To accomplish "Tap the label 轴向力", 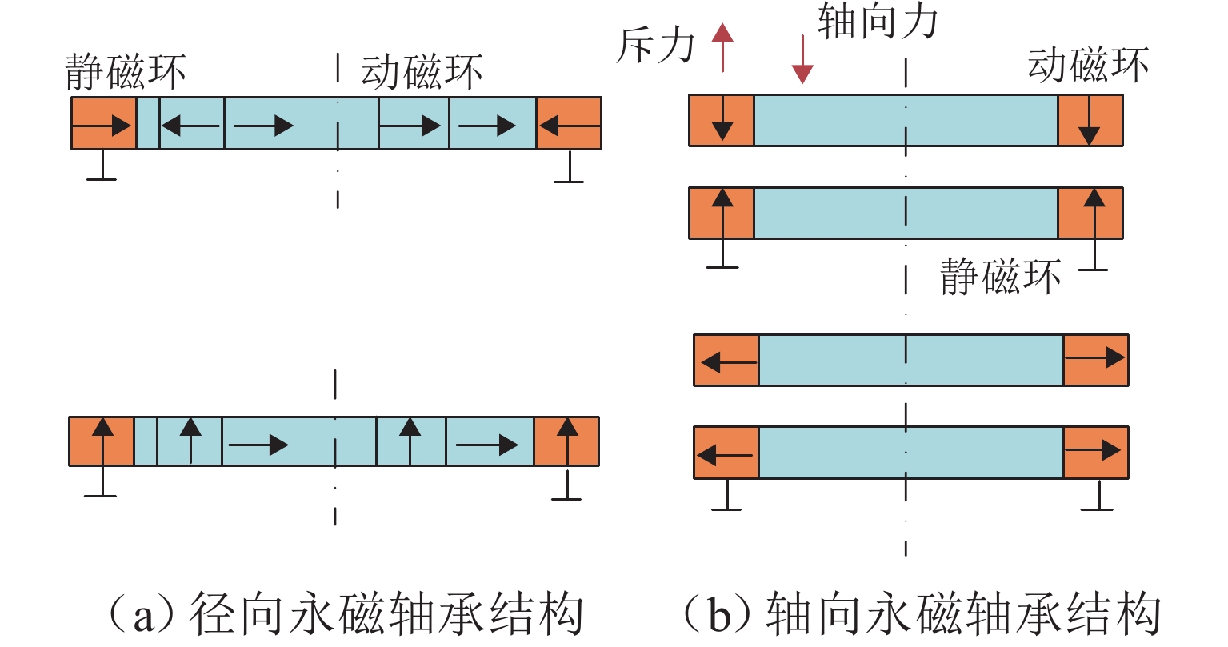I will tap(878, 22).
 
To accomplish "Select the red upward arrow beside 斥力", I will tap(722, 47).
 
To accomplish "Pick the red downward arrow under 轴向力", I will tap(802, 60).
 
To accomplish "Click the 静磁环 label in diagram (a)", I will tap(126, 72).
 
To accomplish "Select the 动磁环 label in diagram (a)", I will tap(422, 72).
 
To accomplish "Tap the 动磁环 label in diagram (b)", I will tap(1088, 64).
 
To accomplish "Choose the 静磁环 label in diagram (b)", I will tap(1000, 277).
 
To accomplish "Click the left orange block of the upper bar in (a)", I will tap(103, 124).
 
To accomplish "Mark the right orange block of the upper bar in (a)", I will tap(569, 124).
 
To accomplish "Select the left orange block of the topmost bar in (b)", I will tap(722, 121).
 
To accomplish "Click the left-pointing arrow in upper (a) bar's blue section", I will tap(190, 125).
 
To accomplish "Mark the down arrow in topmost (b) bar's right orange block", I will tap(1089, 124).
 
